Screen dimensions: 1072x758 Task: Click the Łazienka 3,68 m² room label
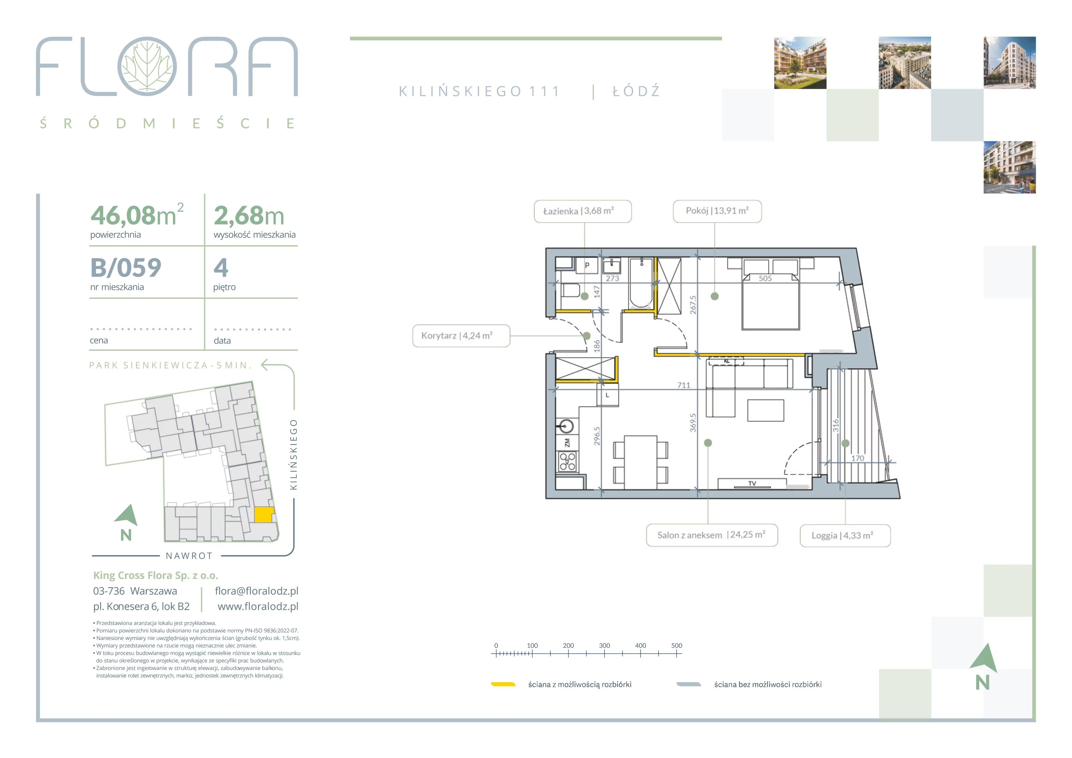[583, 211]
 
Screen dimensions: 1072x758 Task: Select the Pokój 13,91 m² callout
[717, 211]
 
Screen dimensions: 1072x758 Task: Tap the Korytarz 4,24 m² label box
[461, 336]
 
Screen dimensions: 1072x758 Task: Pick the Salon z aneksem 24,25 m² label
[712, 535]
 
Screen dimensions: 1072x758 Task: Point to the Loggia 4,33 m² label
[845, 536]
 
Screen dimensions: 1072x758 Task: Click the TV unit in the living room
[751, 483]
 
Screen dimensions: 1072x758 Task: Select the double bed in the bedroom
[770, 301]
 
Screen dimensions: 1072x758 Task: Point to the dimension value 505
[765, 278]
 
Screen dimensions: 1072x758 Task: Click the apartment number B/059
[126, 268]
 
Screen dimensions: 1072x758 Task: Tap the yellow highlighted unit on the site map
[264, 515]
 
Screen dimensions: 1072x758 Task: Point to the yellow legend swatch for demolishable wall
[503, 684]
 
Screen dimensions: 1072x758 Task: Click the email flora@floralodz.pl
[256, 591]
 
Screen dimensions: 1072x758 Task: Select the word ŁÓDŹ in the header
[636, 91]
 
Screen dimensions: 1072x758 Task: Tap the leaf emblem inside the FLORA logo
[147, 66]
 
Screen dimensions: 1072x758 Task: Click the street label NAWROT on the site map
[189, 556]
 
